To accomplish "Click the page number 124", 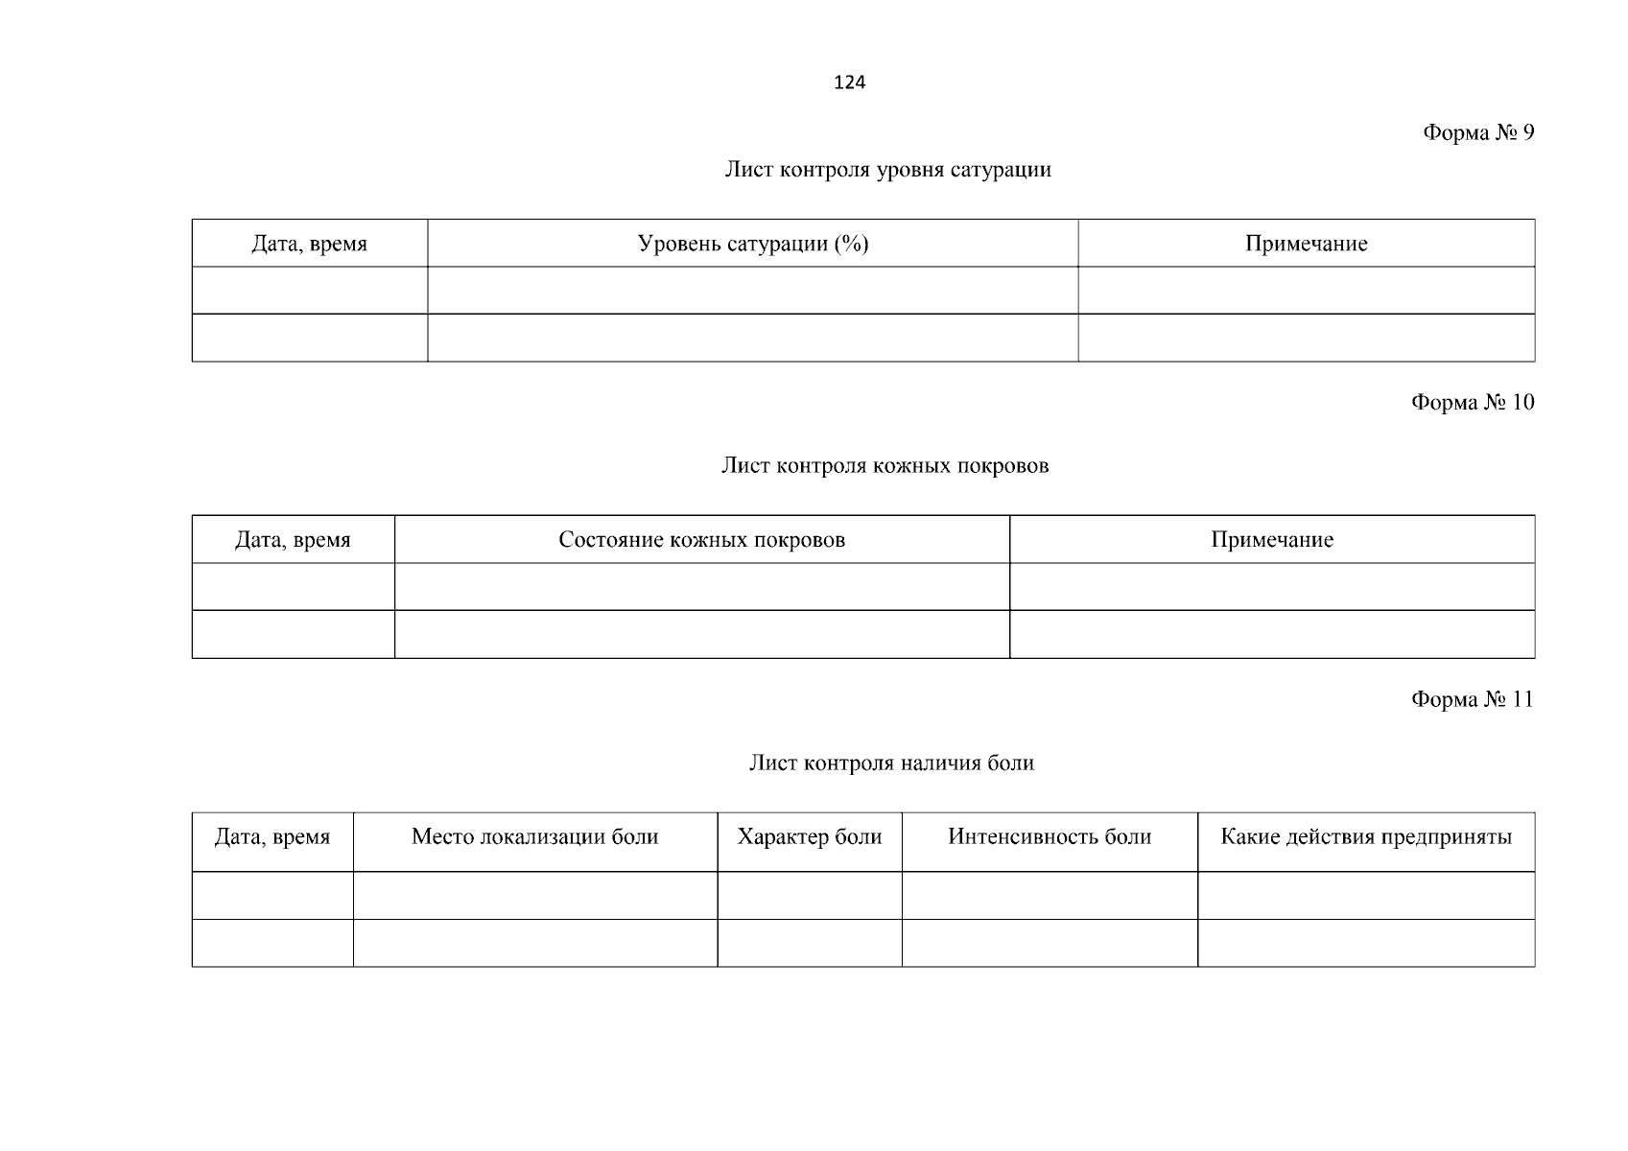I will point(850,82).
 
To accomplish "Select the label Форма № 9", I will point(1477,132).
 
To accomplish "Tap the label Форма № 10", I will point(1472,402).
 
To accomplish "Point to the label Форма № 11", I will point(1472,699).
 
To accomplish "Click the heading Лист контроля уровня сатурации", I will point(887,170).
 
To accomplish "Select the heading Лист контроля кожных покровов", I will point(885,466).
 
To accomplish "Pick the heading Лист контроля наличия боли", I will point(891,763).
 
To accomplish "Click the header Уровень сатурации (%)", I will point(753,244).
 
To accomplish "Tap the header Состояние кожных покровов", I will point(701,540).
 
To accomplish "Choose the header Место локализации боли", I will point(535,836).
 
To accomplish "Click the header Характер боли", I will point(810,836).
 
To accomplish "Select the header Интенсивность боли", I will point(1050,836).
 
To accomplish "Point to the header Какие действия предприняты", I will point(1366,836).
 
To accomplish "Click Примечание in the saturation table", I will point(1306,244).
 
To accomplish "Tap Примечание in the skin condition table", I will point(1272,540).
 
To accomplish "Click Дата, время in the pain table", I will point(272,837).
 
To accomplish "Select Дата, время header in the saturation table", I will point(309,244).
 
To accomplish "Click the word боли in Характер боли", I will point(859,836).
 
